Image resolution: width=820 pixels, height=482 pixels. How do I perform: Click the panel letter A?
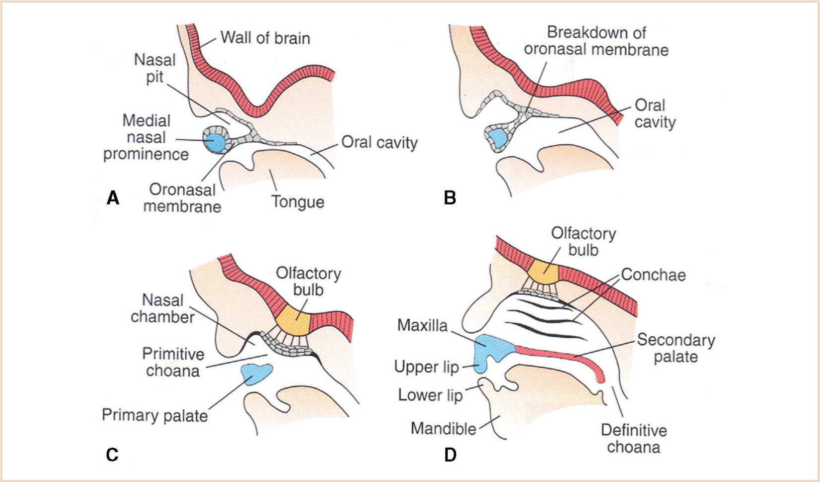point(113,198)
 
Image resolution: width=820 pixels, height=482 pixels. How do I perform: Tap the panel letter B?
point(450,198)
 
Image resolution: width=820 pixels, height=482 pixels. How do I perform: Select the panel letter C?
point(112,455)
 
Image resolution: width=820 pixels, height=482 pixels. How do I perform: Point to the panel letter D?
point(450,455)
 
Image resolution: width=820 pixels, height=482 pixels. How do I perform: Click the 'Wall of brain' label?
point(265,38)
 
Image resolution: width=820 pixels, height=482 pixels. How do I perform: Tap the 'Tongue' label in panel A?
point(298,202)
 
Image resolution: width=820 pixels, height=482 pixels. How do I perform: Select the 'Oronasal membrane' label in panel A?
point(182,198)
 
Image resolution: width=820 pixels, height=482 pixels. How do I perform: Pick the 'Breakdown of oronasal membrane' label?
point(596,41)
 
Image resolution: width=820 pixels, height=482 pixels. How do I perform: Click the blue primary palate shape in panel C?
point(256,374)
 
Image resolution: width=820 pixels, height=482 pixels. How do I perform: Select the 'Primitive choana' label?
point(173,362)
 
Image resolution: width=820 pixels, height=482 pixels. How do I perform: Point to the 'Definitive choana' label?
point(634,438)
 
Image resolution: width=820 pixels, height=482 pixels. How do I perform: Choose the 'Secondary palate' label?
point(676,348)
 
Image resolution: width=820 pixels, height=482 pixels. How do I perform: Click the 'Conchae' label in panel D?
point(653,275)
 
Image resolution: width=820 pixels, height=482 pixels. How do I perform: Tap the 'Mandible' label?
point(444,428)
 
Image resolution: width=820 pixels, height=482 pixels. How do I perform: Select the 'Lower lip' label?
point(430,395)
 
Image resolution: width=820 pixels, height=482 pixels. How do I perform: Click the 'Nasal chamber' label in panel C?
point(163,308)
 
